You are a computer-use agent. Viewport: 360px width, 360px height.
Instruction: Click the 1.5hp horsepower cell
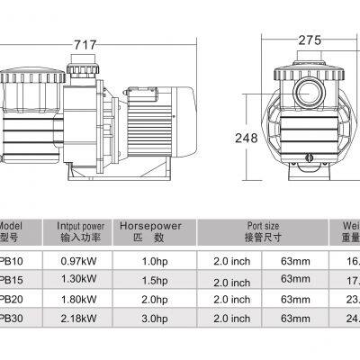151,280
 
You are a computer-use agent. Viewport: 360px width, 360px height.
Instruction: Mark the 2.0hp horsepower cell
151,301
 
